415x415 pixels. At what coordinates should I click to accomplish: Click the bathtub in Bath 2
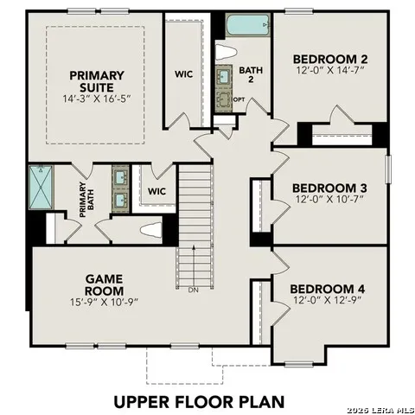(x=248, y=25)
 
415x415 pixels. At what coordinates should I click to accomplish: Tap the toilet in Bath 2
(x=226, y=52)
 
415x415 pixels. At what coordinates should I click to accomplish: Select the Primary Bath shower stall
(x=41, y=187)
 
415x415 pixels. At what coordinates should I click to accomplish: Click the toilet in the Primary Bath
(x=150, y=230)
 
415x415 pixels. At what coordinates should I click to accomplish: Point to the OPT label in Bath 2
(x=239, y=99)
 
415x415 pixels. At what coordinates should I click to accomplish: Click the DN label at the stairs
(x=194, y=290)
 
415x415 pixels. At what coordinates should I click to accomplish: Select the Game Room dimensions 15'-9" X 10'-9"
(x=104, y=302)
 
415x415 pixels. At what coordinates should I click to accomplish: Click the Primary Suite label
(x=97, y=81)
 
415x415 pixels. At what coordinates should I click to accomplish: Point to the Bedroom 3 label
(x=329, y=188)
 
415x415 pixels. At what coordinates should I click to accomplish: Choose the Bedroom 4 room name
(x=328, y=289)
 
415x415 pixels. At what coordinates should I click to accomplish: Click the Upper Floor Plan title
(x=199, y=402)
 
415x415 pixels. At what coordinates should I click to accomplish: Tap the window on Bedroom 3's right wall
(x=388, y=169)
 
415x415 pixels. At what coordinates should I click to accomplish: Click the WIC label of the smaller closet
(x=156, y=191)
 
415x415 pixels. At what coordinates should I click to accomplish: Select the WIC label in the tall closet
(x=183, y=74)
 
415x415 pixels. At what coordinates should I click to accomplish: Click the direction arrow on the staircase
(x=194, y=265)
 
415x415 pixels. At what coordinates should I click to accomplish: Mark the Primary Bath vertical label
(x=86, y=200)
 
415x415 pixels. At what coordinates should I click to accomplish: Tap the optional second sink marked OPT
(x=224, y=100)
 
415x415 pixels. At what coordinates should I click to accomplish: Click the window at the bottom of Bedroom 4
(x=298, y=364)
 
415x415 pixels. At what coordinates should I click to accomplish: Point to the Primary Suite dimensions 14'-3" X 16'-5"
(x=97, y=99)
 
